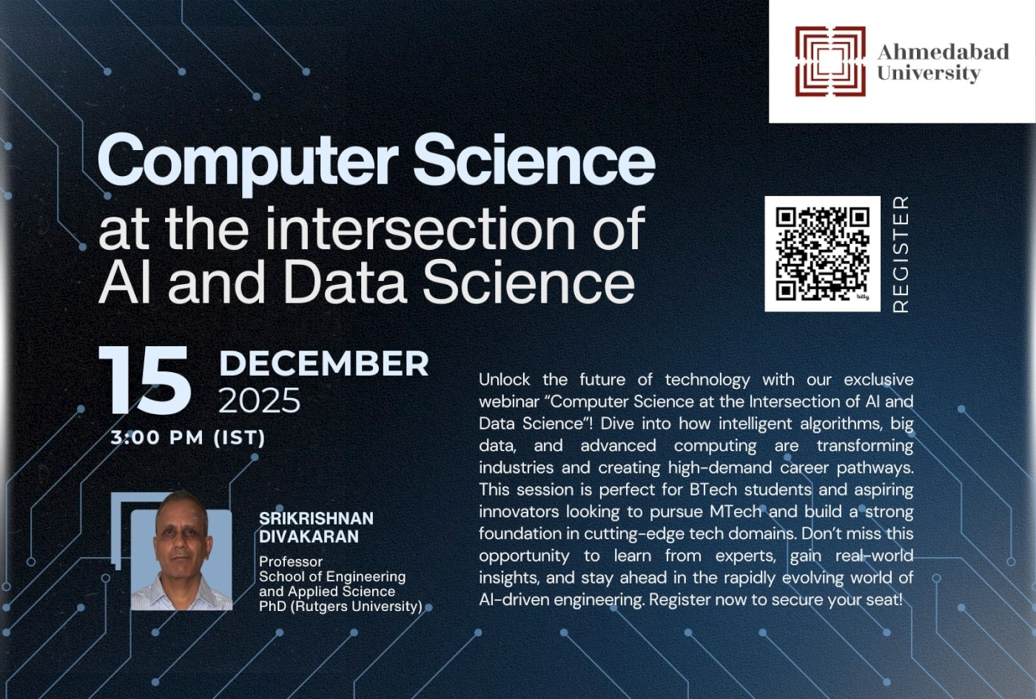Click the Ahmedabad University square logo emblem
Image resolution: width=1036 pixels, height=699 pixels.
[830, 61]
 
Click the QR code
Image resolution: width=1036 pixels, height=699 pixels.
[822, 253]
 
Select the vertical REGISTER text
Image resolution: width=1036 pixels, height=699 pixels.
[901, 254]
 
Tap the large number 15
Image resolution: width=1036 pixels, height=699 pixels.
[145, 382]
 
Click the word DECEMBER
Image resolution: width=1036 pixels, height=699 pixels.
[323, 363]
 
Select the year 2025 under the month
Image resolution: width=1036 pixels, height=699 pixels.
[259, 401]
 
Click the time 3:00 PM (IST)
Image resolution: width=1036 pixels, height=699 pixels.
[188, 437]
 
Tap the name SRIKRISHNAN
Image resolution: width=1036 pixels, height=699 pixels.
[316, 519]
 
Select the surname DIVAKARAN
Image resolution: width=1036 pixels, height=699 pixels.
[309, 536]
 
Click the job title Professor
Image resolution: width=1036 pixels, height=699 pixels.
[291, 561]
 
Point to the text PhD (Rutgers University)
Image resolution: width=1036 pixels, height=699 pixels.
[340, 606]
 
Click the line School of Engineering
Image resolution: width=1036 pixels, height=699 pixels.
[332, 576]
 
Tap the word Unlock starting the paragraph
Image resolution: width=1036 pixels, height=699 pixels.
[504, 379]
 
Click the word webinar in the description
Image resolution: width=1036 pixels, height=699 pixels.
[510, 402]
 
